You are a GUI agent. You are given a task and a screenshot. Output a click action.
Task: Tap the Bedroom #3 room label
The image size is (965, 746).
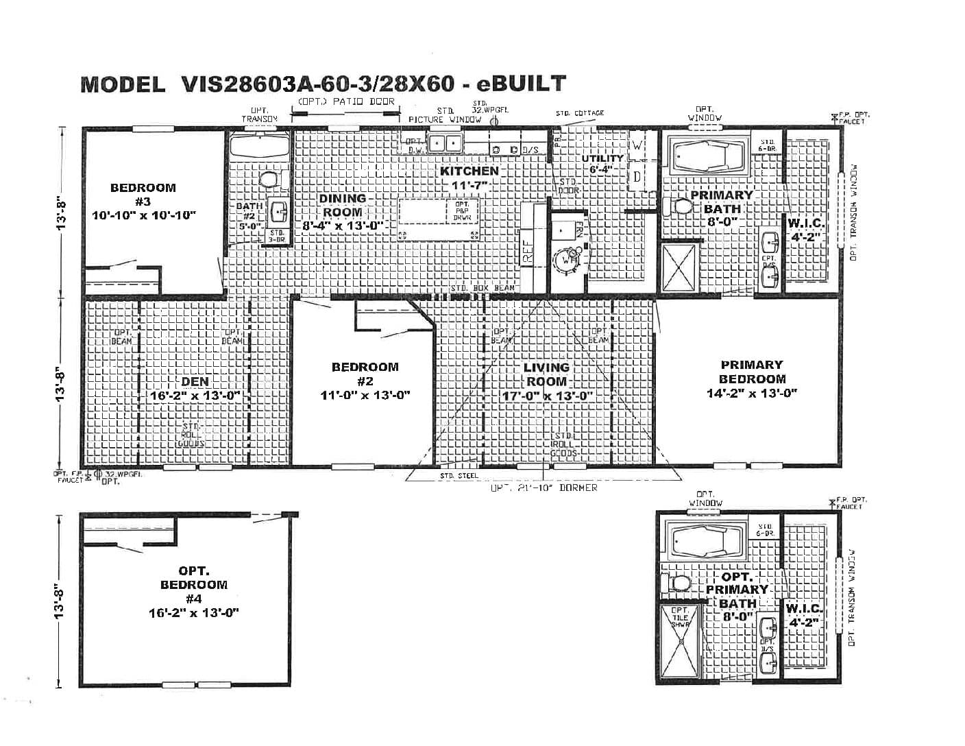tap(143, 194)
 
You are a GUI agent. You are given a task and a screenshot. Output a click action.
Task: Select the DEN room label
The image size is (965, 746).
tap(195, 382)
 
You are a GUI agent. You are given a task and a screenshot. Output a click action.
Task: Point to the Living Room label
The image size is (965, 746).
tap(546, 374)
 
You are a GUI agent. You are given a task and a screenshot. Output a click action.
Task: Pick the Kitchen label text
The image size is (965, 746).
tap(469, 171)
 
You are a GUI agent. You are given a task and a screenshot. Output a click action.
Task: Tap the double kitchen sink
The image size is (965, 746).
tap(444, 143)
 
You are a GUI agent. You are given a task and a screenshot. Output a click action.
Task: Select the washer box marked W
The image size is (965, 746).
tap(637, 146)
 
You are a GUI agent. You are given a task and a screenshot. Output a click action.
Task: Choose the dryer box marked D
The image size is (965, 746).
tap(637, 178)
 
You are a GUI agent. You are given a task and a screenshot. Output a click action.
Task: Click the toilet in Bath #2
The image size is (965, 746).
tap(269, 180)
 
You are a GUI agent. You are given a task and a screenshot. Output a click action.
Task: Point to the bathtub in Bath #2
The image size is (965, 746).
tap(258, 145)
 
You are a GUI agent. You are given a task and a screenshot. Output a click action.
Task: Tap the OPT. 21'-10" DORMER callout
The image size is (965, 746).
tap(543, 488)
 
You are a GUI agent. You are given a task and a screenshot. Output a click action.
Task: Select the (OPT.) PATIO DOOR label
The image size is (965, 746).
tap(346, 101)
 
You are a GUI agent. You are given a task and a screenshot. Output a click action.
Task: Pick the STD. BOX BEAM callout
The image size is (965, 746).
tap(483, 288)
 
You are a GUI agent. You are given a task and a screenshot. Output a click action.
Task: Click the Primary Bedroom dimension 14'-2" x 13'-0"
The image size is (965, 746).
tap(751, 394)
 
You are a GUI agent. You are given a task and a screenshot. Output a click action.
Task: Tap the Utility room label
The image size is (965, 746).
tap(602, 158)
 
